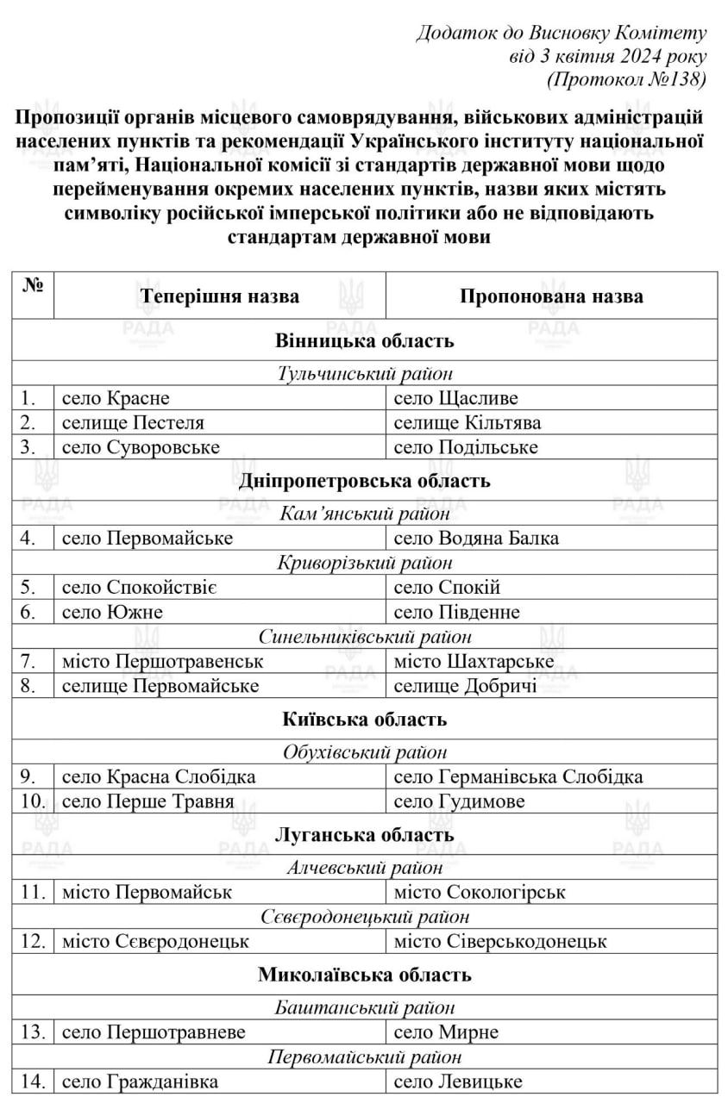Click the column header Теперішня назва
point(221,296)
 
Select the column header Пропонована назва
point(551,296)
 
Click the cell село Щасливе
point(456,398)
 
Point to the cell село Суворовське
point(141,447)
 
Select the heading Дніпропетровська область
point(364,481)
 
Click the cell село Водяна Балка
point(476,539)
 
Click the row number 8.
point(28,687)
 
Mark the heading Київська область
point(364,719)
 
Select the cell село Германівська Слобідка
point(518,776)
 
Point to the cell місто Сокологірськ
point(480,892)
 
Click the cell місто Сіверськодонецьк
point(500,942)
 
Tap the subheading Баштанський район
point(365,1007)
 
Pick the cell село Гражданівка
point(140,1081)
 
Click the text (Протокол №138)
point(627,79)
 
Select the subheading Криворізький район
point(365,563)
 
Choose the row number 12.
point(32,942)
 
